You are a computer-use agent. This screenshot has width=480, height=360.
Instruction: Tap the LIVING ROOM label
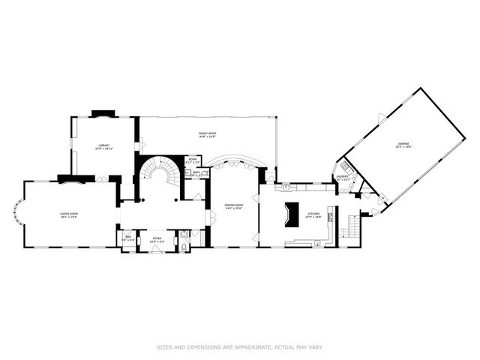point(69,214)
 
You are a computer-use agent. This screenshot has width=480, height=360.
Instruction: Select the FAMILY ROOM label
point(208,133)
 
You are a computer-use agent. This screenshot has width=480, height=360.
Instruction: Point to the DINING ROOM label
point(234,205)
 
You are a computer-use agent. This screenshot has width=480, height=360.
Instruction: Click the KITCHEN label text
point(314,214)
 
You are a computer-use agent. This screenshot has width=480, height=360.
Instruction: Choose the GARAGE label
point(404,143)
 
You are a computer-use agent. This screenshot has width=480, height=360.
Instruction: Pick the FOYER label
point(157,238)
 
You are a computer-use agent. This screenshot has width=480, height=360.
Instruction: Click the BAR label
point(127,238)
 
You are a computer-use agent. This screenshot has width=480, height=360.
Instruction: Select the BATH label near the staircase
point(196,172)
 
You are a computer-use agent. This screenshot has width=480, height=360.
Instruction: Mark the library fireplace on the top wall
point(102,114)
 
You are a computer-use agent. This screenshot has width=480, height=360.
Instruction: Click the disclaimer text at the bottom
point(239,346)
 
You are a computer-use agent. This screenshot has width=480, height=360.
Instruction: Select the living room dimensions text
point(69,217)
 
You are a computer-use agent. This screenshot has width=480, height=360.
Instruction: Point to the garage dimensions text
point(404,147)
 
